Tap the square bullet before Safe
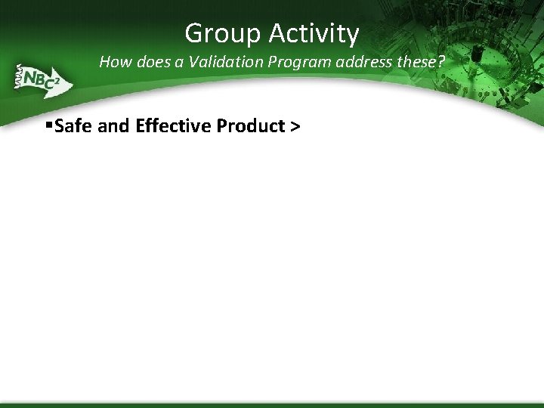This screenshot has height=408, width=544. point(49,125)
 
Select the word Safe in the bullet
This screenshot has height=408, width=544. point(74,125)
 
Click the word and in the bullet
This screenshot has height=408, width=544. point(114,125)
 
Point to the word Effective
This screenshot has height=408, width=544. point(173,125)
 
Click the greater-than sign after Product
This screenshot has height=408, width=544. point(294,126)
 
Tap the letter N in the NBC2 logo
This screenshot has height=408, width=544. point(31,77)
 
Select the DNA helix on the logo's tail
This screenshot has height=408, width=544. point(16,76)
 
